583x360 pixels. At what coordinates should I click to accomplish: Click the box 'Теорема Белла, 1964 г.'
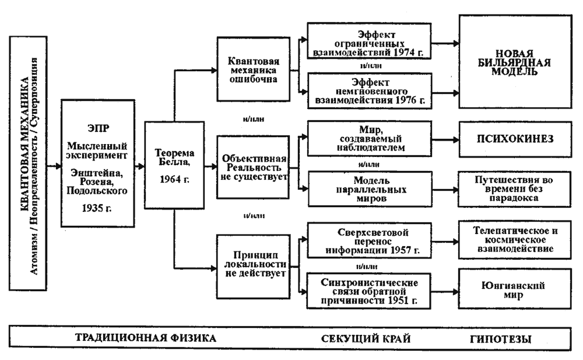(x=174, y=165)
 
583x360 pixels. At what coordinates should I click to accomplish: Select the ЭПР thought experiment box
(x=98, y=163)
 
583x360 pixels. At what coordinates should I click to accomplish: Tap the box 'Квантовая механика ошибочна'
(x=253, y=69)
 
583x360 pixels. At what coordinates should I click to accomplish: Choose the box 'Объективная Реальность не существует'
(x=253, y=167)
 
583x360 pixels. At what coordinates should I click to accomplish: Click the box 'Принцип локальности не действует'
(x=253, y=266)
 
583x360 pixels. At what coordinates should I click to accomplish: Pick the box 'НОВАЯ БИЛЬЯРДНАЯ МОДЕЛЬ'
(x=515, y=62)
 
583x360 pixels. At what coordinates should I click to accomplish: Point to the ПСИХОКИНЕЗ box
(x=515, y=139)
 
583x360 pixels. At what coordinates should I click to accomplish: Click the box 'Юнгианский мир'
(x=515, y=289)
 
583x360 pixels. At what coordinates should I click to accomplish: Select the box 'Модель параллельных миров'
(x=370, y=189)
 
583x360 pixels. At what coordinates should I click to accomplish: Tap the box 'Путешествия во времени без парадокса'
(x=514, y=189)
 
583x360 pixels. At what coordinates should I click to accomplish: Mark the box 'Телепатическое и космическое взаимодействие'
(x=515, y=240)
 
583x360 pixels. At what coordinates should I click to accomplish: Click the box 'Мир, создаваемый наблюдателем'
(x=370, y=138)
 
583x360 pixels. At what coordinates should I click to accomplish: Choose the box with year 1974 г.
(x=369, y=41)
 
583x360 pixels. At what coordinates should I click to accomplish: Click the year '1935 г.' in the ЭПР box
(x=97, y=208)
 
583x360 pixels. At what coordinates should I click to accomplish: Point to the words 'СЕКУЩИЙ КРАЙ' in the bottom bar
(x=366, y=339)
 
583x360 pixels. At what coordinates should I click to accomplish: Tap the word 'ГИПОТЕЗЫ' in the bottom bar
(x=500, y=339)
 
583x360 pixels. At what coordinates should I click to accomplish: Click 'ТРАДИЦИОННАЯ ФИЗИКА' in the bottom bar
(x=146, y=338)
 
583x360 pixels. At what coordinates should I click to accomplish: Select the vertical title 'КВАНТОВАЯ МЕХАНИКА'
(x=24, y=145)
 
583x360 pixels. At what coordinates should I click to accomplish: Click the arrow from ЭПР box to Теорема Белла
(x=139, y=166)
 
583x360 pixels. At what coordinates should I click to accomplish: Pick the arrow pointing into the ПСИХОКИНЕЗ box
(x=445, y=140)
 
